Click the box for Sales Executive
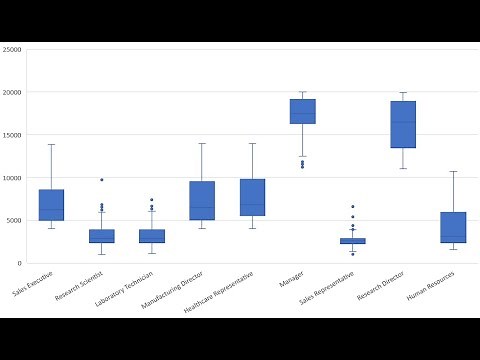[x=52, y=205]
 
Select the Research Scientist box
[x=102, y=236]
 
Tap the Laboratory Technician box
[x=152, y=236]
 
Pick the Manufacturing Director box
[x=202, y=200]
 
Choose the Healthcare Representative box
[x=252, y=197]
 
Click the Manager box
[x=302, y=111]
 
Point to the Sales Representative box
[x=352, y=241]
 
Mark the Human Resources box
[x=453, y=227]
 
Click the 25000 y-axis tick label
[x=12, y=49]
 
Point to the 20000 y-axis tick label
[x=12, y=92]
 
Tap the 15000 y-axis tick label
[x=12, y=135]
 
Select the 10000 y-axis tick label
[x=12, y=178]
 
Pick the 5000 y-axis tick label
[x=14, y=221]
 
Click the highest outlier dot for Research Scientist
[x=102, y=180]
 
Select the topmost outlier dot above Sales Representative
[x=352, y=207]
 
